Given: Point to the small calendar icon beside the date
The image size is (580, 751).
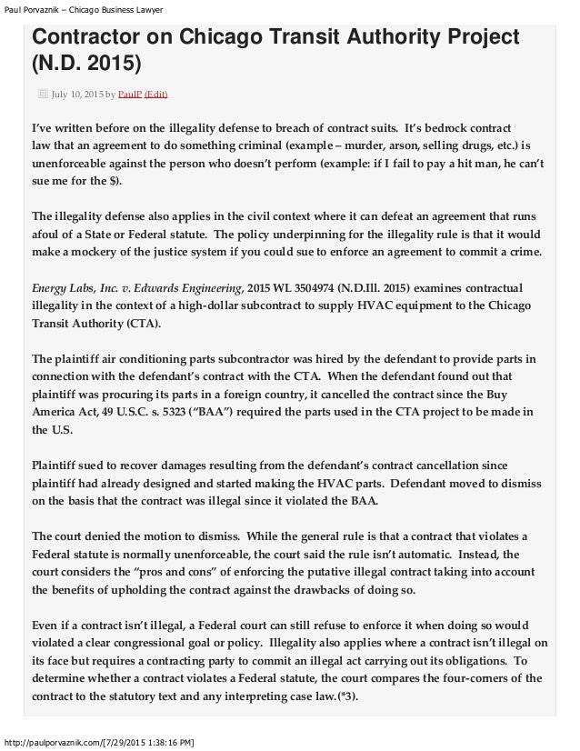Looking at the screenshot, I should [x=42, y=93].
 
